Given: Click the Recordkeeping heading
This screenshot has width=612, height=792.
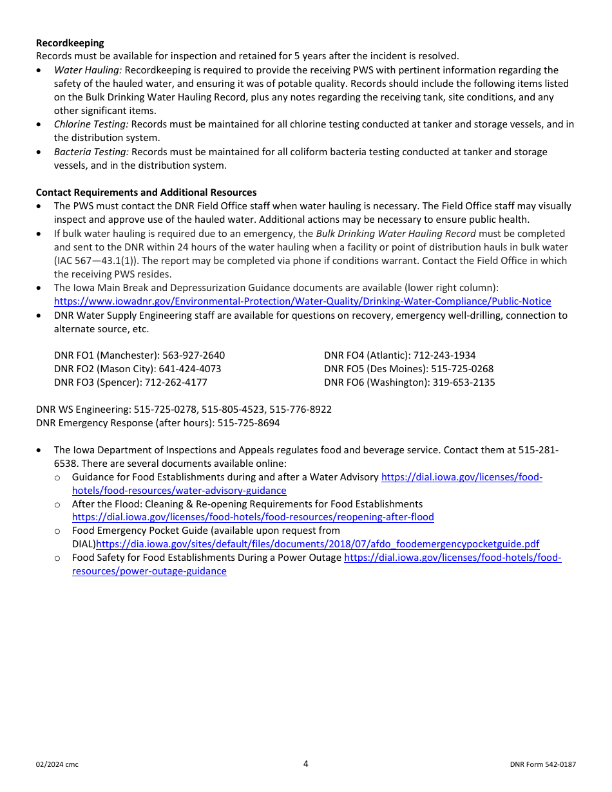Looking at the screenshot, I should pos(70,43).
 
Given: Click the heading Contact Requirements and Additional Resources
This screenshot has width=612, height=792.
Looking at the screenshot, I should pos(146,193).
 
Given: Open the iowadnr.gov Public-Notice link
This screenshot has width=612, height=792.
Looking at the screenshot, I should pos(302,301).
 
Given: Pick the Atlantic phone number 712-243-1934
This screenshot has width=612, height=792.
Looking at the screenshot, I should pos(444,355).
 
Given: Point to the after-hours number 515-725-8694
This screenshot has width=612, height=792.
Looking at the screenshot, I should pos(249,423).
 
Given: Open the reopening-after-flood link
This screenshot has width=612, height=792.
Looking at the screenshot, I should pos(253,517).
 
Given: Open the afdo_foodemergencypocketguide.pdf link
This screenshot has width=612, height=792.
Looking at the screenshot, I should pos(318,544).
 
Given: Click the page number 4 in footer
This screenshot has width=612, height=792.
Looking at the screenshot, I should pos(306,764).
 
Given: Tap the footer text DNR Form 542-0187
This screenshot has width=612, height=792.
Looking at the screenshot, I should pos(542,764).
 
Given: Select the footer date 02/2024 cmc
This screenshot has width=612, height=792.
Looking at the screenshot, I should pos(57,764).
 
